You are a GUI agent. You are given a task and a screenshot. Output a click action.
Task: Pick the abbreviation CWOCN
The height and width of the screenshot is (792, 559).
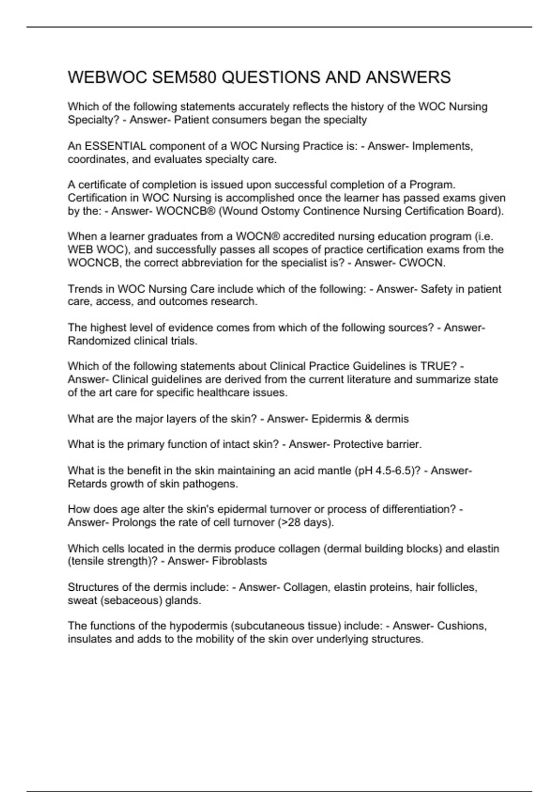tap(422, 263)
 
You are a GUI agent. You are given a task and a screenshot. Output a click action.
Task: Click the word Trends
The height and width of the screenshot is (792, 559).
tap(84, 289)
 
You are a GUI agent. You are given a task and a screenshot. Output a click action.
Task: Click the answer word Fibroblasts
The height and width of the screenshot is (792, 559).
tap(239, 561)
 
